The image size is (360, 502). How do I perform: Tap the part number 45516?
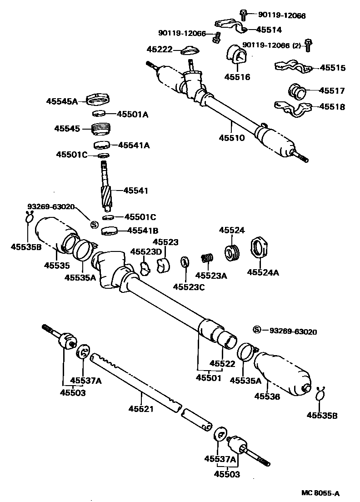pyautogui.click(x=237, y=77)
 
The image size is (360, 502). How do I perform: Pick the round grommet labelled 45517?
pyautogui.click(x=297, y=91)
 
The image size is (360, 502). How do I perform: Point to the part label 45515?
pyautogui.click(x=332, y=68)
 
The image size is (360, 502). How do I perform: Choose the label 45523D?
pyautogui.click(x=143, y=251)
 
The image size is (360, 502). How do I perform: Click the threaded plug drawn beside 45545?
pyautogui.click(x=101, y=129)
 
